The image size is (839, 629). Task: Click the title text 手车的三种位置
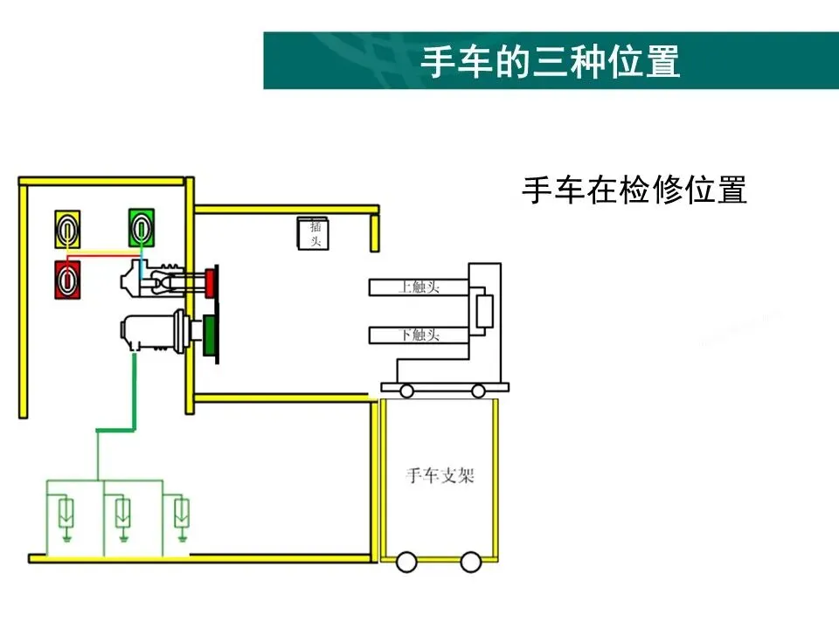(x=550, y=61)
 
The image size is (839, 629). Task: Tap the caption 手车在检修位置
(x=634, y=190)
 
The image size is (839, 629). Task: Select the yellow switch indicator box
(x=68, y=230)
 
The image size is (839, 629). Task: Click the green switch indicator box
(x=140, y=229)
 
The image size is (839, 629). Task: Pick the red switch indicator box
(x=67, y=280)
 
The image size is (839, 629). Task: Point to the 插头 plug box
(x=313, y=233)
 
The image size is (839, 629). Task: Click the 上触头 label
(x=419, y=287)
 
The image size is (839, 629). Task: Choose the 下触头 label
(x=419, y=335)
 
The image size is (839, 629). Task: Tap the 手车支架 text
(x=440, y=476)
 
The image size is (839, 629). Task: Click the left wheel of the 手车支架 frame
(x=406, y=561)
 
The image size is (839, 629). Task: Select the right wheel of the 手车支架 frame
(x=470, y=561)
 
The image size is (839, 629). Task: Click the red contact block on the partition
(x=211, y=281)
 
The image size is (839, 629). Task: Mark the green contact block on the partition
(x=211, y=335)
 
